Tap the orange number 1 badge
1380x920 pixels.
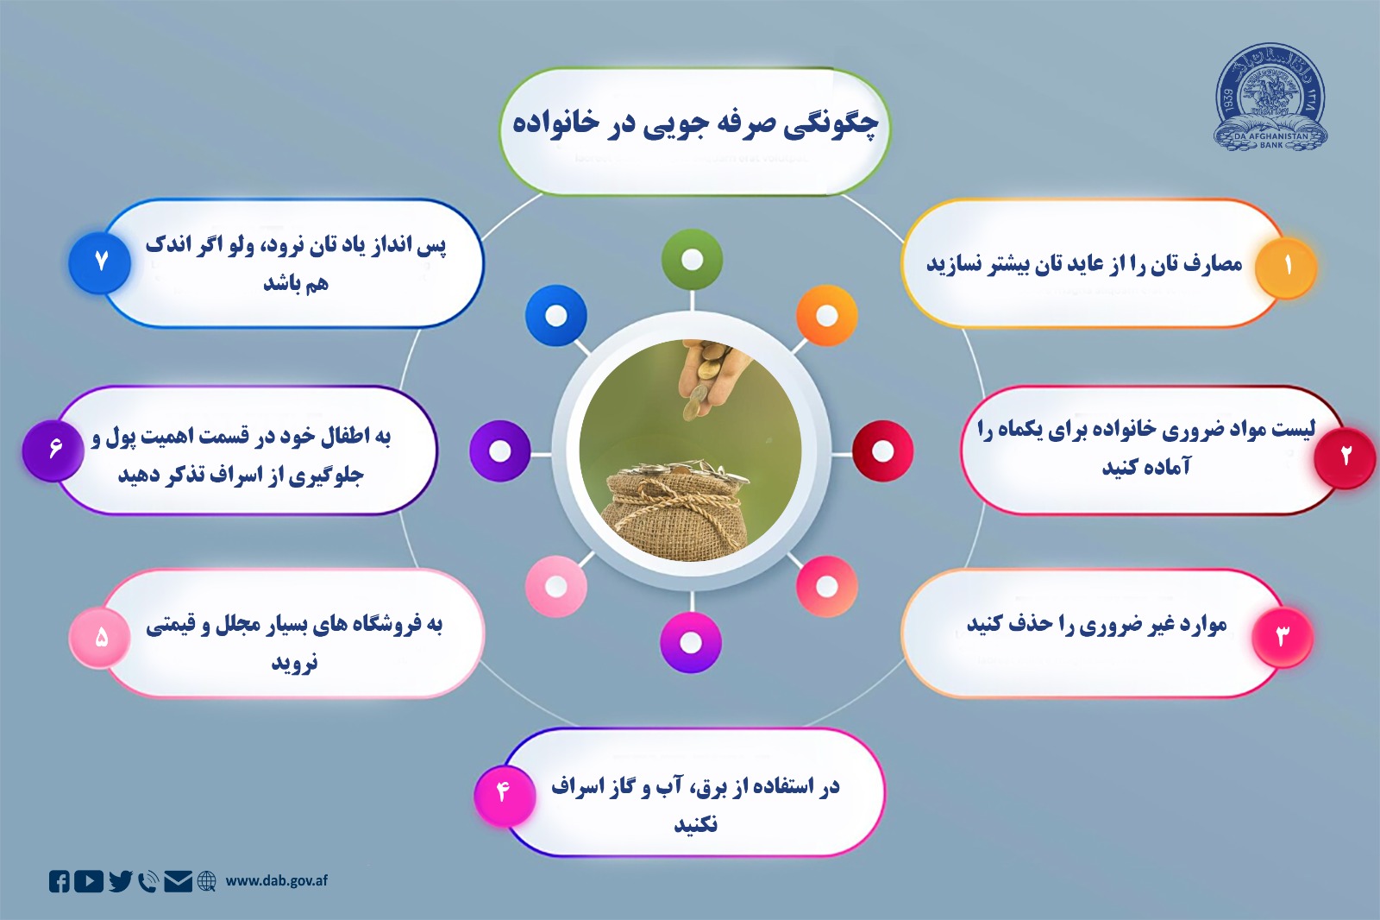coord(1286,267)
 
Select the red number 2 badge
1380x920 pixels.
coord(1345,457)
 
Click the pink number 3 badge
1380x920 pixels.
coord(1283,636)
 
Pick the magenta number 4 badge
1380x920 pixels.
coord(504,795)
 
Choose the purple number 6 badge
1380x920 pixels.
coord(53,451)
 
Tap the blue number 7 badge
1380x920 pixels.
coord(100,262)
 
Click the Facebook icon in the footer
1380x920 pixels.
coord(60,882)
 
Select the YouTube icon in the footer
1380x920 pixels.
coord(89,882)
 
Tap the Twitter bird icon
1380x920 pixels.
coord(121,881)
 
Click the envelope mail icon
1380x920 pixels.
coord(178,882)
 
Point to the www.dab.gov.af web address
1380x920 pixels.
coord(277,880)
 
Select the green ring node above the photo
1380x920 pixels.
coord(692,260)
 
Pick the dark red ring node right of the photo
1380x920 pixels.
coord(882,451)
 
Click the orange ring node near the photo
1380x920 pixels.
coord(827,316)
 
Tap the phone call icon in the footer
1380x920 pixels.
coord(148,882)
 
